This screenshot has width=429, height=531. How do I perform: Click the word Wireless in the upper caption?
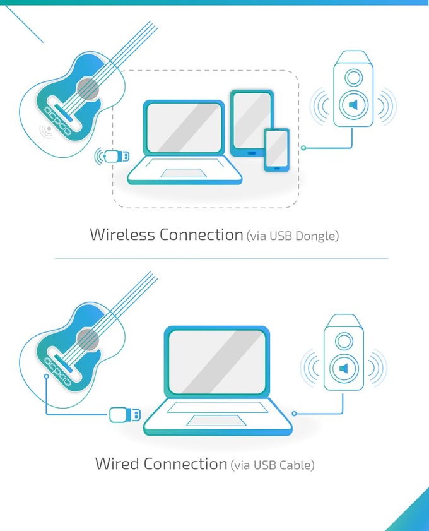tap(122, 235)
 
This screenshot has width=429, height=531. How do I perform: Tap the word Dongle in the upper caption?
tap(317, 236)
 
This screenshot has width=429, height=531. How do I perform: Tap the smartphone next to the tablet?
tap(276, 149)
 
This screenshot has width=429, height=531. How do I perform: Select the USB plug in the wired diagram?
tap(124, 415)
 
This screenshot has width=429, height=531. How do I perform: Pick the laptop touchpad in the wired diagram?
tap(208, 421)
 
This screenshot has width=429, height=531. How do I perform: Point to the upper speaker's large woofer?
tap(353, 105)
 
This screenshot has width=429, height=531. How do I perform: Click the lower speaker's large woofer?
tap(344, 367)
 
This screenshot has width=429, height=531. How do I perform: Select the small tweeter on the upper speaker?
tap(353, 78)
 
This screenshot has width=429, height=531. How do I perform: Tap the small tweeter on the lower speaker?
tap(344, 342)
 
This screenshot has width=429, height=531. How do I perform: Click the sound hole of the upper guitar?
tap(89, 90)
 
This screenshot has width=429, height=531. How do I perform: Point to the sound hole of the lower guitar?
tap(89, 340)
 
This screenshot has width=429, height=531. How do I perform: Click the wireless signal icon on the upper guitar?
tap(46, 131)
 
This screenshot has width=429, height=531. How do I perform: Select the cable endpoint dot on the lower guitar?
tap(46, 376)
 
